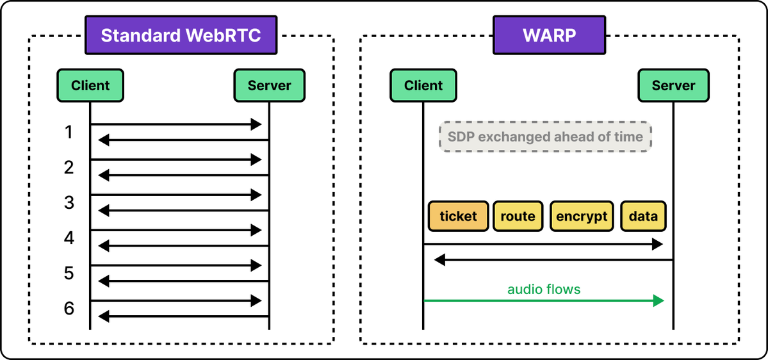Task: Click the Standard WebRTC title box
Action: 181,35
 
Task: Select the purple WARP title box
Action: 550,35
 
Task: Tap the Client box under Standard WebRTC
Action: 90,85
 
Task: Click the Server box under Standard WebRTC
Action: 269,85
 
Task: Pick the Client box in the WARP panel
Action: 423,85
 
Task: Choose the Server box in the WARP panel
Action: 673,85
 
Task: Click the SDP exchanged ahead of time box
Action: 545,136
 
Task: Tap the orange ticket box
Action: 459,216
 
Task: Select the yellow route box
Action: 518,216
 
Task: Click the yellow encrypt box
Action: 582,216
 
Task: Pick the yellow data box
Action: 643,216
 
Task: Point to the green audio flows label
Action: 544,290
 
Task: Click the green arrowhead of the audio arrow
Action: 658,300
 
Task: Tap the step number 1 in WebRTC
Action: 69,132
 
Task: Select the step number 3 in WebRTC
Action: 69,203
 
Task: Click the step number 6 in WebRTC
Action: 69,309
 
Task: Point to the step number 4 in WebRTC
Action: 69,238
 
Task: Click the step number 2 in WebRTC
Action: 69,168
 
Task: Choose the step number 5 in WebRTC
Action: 69,274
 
